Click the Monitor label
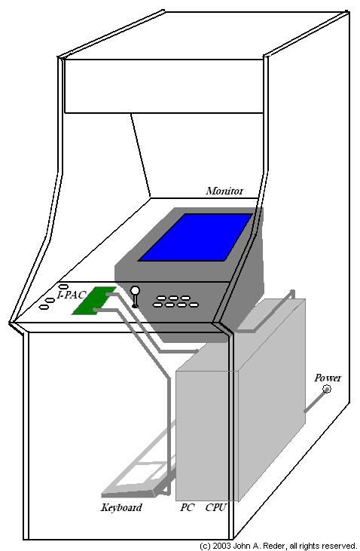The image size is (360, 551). (x=224, y=191)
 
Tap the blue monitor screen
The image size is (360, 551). (x=195, y=237)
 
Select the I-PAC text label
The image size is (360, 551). (x=72, y=295)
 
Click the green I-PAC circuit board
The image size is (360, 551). (x=94, y=301)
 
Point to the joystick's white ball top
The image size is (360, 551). (x=136, y=291)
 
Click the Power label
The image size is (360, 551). (x=328, y=378)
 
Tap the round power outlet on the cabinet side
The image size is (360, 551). (x=327, y=389)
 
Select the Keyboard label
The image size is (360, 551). (x=121, y=507)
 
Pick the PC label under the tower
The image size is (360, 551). (x=188, y=507)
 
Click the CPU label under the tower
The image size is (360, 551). (x=216, y=507)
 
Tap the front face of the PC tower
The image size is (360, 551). (x=207, y=436)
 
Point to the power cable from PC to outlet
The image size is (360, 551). (x=315, y=400)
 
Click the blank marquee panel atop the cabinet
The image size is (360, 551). (x=163, y=86)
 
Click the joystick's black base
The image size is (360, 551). (x=135, y=307)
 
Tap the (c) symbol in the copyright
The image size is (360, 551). (x=205, y=546)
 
